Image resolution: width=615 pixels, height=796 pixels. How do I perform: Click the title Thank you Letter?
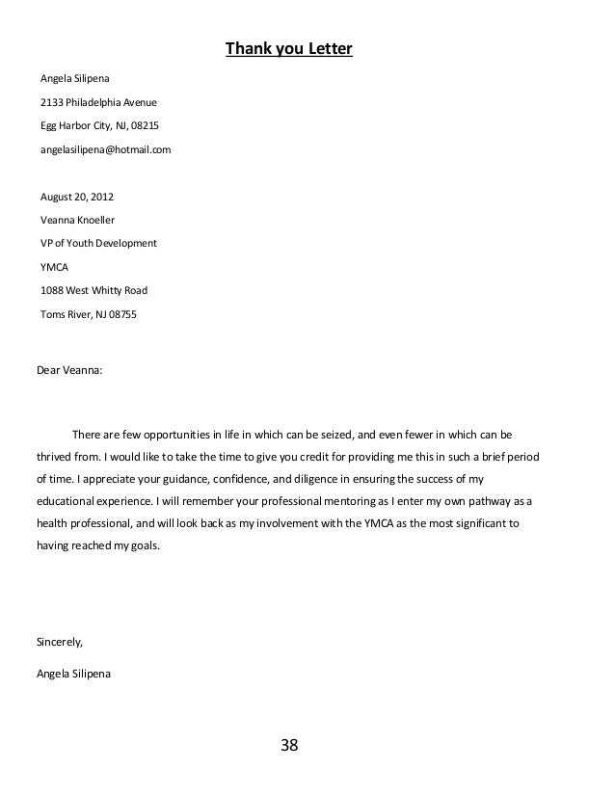(x=289, y=48)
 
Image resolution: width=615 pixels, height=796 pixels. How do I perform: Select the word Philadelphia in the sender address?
(x=94, y=102)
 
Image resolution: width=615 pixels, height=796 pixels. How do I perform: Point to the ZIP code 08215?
(x=145, y=126)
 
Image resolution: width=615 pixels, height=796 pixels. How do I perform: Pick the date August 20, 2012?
(x=76, y=197)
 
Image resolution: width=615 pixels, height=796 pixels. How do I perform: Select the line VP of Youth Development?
(x=98, y=243)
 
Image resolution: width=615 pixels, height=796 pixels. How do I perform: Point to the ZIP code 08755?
(x=121, y=313)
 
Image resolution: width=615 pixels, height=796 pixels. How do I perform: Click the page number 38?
(x=289, y=745)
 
